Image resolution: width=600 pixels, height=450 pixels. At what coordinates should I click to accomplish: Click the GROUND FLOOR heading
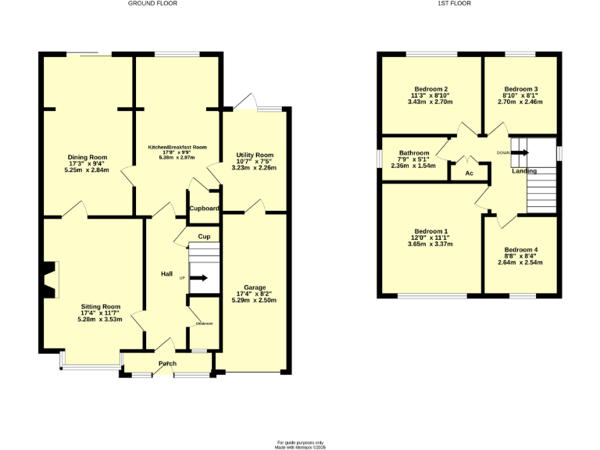(153, 3)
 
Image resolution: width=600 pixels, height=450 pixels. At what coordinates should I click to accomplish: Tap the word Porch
(167, 363)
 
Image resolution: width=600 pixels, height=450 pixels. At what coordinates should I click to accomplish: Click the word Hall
(166, 273)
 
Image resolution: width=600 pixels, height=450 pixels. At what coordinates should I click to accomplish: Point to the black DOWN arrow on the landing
(520, 153)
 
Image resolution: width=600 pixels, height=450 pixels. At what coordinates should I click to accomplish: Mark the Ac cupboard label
(470, 173)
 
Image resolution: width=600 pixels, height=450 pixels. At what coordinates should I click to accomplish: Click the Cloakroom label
(204, 323)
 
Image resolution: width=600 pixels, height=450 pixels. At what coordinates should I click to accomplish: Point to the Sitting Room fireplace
(51, 280)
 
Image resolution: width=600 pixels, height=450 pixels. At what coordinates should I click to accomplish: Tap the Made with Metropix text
(299, 447)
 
